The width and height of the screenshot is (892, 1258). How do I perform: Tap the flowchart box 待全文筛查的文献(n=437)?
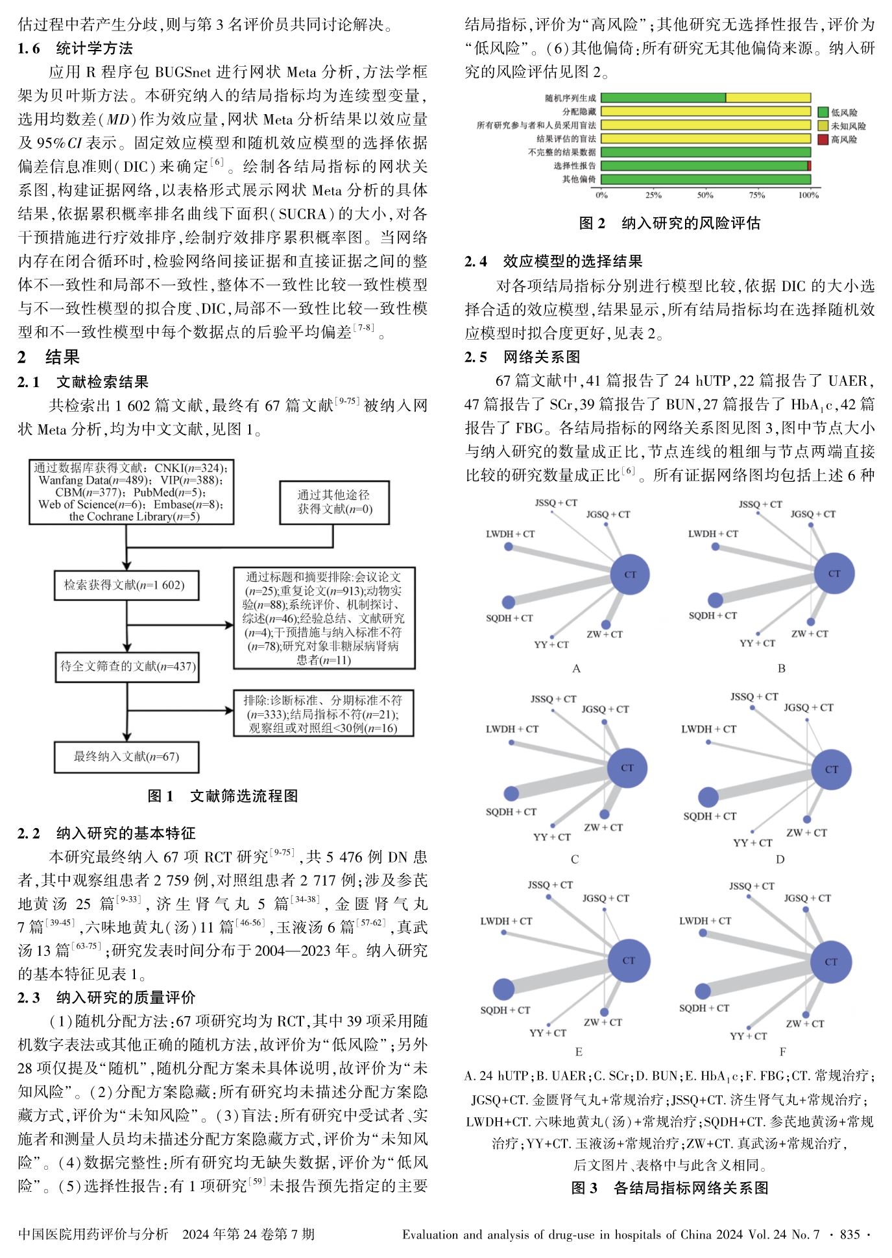[127, 667]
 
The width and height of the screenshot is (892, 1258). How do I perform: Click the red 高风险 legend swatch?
[823, 139]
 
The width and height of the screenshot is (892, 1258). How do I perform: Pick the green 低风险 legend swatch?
[823, 112]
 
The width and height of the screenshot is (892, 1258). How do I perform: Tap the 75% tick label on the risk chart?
[757, 195]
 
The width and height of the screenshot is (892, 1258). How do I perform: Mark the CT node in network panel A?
[630, 575]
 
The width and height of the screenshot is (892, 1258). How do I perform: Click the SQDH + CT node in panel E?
[503, 989]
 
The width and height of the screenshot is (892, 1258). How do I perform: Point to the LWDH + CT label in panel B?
[713, 534]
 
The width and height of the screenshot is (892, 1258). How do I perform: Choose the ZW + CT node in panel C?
[605, 814]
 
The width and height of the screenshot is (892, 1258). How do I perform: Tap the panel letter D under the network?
[780, 859]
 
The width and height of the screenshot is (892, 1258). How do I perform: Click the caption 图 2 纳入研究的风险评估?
[669, 224]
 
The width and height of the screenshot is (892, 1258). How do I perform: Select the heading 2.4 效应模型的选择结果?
[553, 261]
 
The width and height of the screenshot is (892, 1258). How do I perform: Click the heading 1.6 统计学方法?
[75, 49]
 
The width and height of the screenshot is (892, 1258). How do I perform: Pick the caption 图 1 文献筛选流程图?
[223, 796]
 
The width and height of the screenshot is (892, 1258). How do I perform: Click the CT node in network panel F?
[831, 962]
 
